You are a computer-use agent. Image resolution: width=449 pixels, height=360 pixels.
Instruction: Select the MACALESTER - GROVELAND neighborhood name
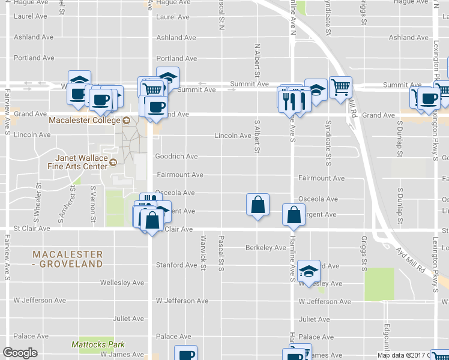[67, 259]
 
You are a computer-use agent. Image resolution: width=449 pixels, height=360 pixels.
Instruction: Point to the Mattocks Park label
[98, 344]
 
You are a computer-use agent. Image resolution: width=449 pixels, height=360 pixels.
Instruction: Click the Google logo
[20, 353]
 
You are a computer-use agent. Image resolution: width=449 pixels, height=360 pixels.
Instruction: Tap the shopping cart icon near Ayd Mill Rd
[340, 87]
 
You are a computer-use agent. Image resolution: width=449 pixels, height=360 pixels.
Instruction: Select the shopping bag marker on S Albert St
[258, 205]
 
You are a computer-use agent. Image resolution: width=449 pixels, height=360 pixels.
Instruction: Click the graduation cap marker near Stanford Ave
[309, 271]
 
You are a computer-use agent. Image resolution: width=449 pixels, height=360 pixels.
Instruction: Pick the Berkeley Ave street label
[266, 247]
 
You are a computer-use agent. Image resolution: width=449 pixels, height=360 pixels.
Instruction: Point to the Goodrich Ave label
[176, 157]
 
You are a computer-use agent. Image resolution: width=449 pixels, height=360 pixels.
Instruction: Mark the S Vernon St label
[93, 200]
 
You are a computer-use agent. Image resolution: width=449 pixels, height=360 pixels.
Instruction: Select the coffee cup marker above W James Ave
[185, 355]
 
